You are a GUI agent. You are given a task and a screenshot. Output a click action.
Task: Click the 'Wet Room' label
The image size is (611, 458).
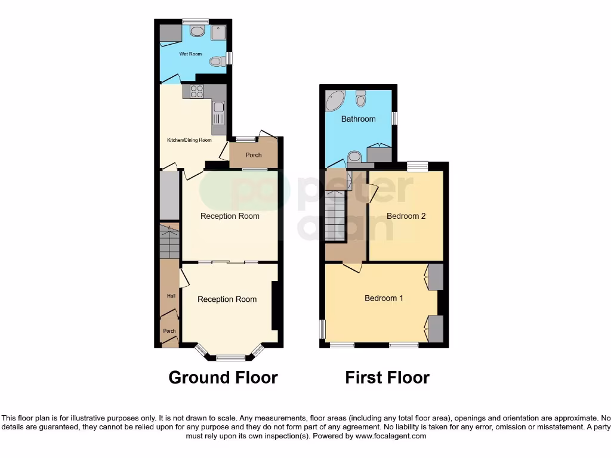pos(191,54)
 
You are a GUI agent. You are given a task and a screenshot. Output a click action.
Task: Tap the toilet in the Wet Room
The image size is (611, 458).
pos(222,60)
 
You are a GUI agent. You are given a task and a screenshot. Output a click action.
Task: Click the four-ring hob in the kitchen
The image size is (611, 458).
pos(197,91)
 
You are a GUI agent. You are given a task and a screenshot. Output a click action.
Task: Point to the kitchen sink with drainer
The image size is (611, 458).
pos(218,111)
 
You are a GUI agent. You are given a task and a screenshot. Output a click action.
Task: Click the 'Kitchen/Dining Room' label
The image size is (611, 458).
pos(189,141)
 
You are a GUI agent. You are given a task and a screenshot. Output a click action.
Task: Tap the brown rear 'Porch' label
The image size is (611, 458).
pos(254,155)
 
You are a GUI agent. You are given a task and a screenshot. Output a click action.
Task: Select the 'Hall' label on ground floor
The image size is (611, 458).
pos(171,296)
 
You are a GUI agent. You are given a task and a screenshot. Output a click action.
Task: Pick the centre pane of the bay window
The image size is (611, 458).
pos(230,358)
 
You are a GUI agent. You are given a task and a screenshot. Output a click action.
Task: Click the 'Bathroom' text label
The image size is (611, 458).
pos(358,119)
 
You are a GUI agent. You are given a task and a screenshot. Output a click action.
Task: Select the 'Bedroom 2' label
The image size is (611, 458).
pos(406,216)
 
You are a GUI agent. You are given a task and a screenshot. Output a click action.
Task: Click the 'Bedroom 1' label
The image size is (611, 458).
pos(384,298)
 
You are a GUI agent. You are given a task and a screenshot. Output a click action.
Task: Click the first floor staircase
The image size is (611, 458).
pos(336,215)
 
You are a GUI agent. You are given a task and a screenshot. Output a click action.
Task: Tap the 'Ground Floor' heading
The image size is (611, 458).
pos(223,377)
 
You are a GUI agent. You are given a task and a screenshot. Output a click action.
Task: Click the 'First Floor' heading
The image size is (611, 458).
pos(387,377)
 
